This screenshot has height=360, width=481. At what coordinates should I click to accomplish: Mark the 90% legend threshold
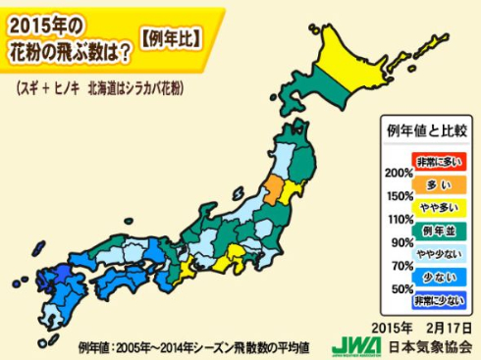click(398, 242)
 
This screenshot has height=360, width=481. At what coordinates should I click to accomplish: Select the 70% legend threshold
click(398, 266)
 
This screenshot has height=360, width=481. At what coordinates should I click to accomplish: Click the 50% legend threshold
click(398, 289)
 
